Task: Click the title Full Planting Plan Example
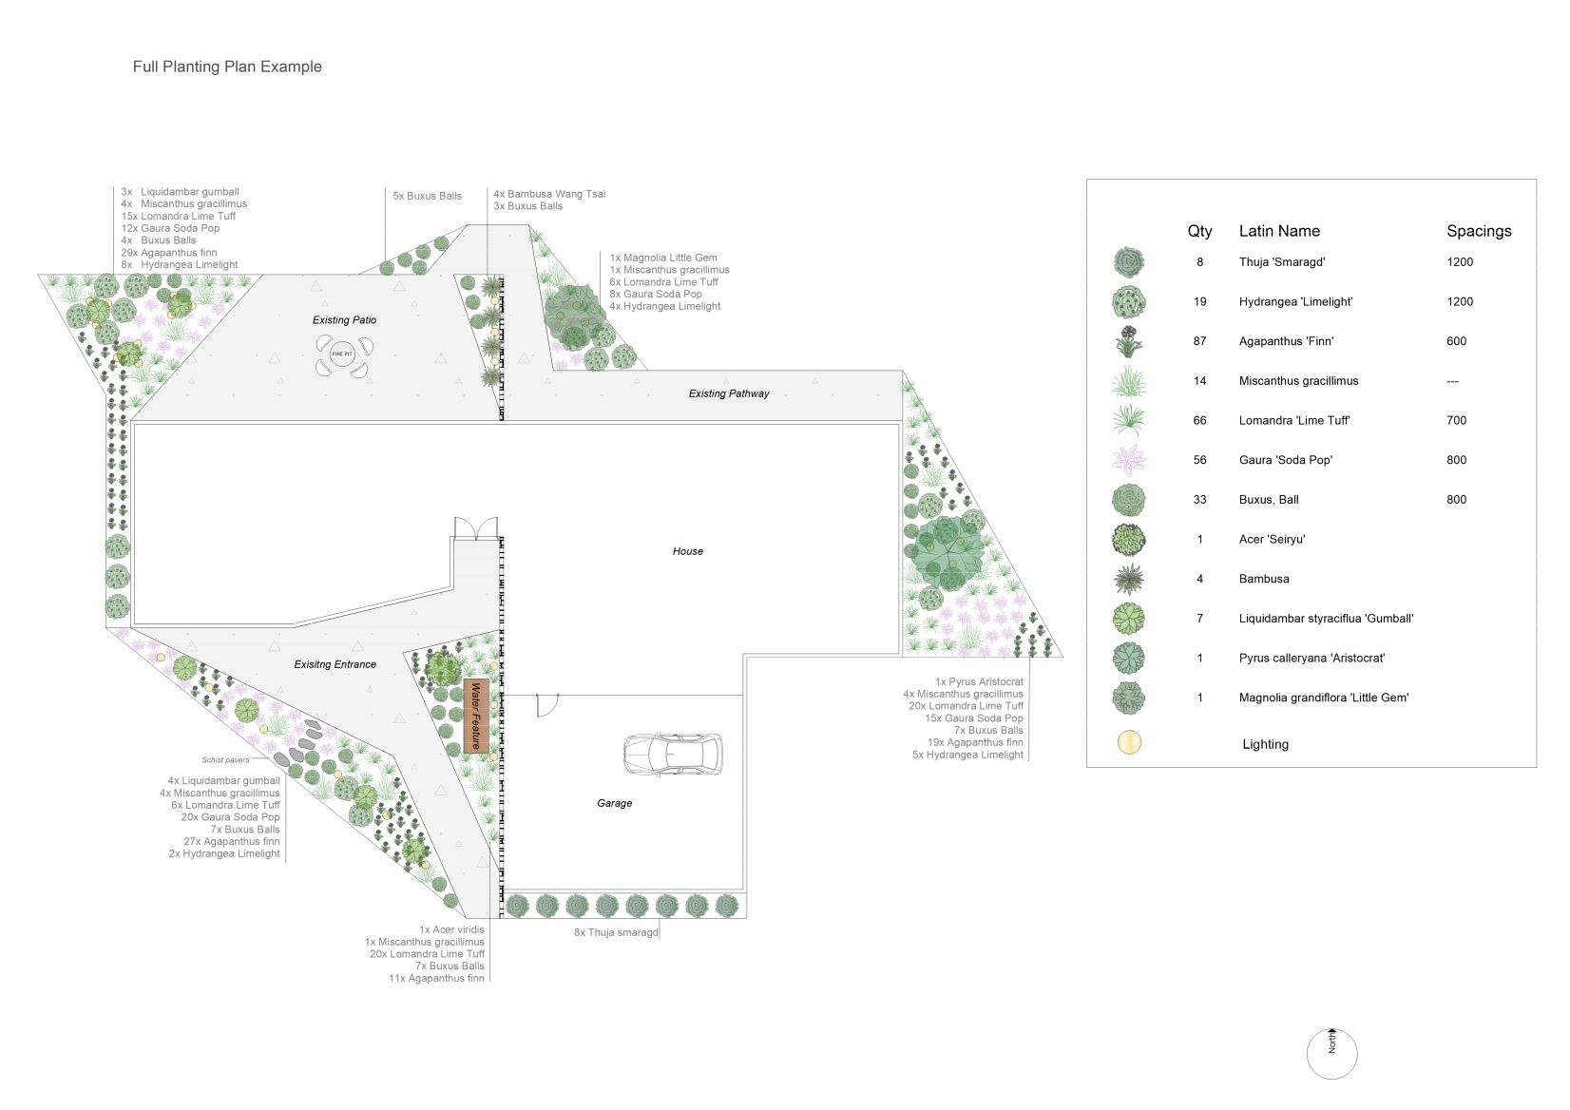coord(227,67)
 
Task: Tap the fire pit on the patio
coord(343,354)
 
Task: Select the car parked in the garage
coord(673,754)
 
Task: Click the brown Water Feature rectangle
coord(476,716)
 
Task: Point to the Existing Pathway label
coord(728,393)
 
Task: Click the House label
coord(687,551)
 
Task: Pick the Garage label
coord(615,803)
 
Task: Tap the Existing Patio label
coord(344,320)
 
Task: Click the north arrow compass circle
coord(1331,1054)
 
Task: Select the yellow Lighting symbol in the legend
coord(1129,743)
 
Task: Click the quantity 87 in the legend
coord(1200,341)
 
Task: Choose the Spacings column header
coord(1479,231)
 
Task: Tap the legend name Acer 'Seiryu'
coord(1272,540)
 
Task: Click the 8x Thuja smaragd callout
coord(616,932)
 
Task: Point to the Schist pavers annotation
coord(225,759)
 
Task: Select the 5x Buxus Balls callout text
coord(427,196)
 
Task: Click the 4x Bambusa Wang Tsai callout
coord(548,194)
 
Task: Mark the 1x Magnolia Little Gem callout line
coord(663,258)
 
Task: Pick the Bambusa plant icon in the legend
coord(1128,580)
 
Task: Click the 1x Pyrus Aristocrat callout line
coord(979,681)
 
